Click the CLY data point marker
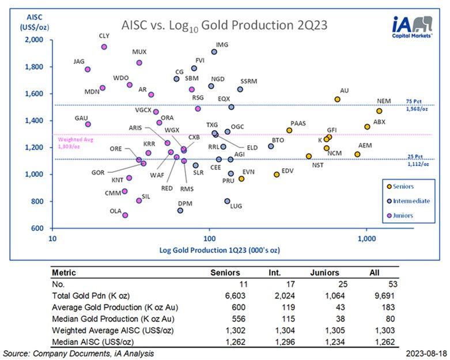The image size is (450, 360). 104,47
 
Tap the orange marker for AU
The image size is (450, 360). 338,99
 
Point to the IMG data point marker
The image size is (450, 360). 214,52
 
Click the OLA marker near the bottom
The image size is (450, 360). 125,215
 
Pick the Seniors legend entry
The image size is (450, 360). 407,185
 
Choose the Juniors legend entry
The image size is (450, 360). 407,216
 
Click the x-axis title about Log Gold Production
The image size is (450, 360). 210,250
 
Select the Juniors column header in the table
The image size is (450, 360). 325,272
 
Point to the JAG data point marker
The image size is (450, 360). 88,69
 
